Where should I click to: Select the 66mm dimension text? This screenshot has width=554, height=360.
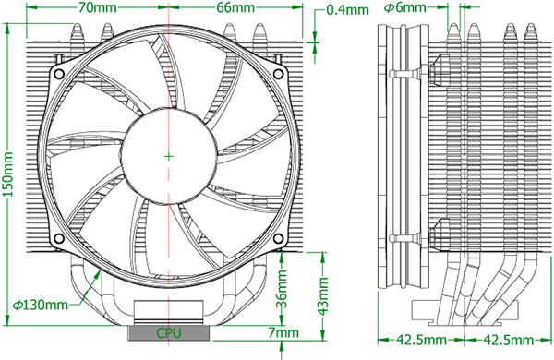point(235,8)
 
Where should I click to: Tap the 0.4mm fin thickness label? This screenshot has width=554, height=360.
point(346,11)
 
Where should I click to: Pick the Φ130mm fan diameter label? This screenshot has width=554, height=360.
point(40,304)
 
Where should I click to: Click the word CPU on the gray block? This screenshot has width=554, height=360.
point(168,331)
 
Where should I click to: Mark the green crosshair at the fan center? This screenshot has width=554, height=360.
point(168,156)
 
